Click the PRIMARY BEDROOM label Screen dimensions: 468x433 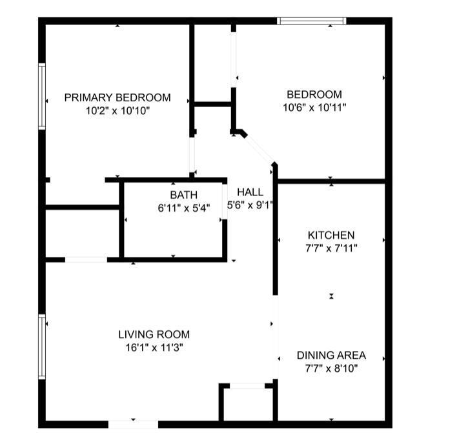click(x=117, y=97)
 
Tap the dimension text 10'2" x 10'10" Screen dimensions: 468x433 click(x=117, y=111)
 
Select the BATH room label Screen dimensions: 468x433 click(x=184, y=195)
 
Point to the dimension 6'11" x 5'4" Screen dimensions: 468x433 click(x=184, y=208)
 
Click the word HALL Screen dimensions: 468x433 click(x=250, y=192)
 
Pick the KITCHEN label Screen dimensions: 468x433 click(x=331, y=235)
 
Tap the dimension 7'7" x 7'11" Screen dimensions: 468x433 click(x=331, y=248)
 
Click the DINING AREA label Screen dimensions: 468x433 click(x=331, y=355)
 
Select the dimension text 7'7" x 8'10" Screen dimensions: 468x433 click(x=331, y=368)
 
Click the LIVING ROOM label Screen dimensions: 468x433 click(x=154, y=334)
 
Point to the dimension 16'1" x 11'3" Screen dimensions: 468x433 click(x=154, y=348)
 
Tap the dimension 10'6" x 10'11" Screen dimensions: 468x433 click(x=314, y=107)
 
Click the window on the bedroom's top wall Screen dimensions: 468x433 click(x=312, y=21)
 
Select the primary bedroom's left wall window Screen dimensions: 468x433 click(x=42, y=96)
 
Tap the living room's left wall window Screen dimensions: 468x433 click(x=42, y=347)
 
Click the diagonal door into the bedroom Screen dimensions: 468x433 click(x=259, y=149)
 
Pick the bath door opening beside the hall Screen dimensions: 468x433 click(x=225, y=201)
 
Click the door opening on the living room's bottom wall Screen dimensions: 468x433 click(x=133, y=425)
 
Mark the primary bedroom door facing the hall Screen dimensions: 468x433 click(x=192, y=155)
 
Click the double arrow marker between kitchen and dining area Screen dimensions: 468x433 click(x=331, y=296)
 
